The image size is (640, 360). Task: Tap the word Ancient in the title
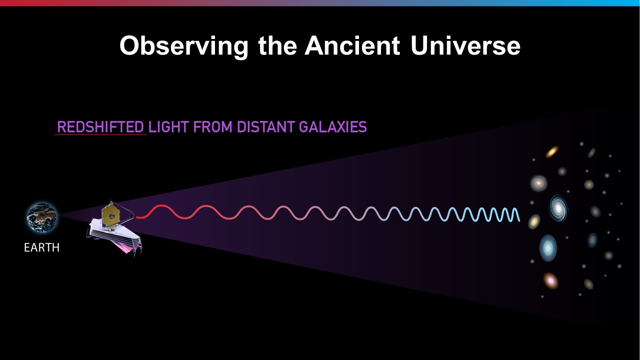[352, 45]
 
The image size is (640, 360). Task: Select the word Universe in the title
[465, 45]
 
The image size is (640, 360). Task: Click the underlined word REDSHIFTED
[100, 127]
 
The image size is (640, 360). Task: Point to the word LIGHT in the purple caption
[168, 127]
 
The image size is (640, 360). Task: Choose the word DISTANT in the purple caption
[265, 127]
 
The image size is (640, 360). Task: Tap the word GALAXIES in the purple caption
[333, 127]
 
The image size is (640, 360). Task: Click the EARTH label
[41, 247]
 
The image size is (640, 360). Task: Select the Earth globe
[41, 217]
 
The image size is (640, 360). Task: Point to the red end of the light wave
[136, 217]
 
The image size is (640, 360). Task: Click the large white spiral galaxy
[558, 208]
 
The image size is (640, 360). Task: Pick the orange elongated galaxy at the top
[552, 151]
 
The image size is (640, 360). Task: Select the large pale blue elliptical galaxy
[548, 248]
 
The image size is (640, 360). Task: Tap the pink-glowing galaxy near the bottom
[550, 281]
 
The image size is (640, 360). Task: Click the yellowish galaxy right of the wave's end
[534, 221]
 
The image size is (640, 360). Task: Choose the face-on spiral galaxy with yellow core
[538, 183]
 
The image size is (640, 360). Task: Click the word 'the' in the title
[277, 45]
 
